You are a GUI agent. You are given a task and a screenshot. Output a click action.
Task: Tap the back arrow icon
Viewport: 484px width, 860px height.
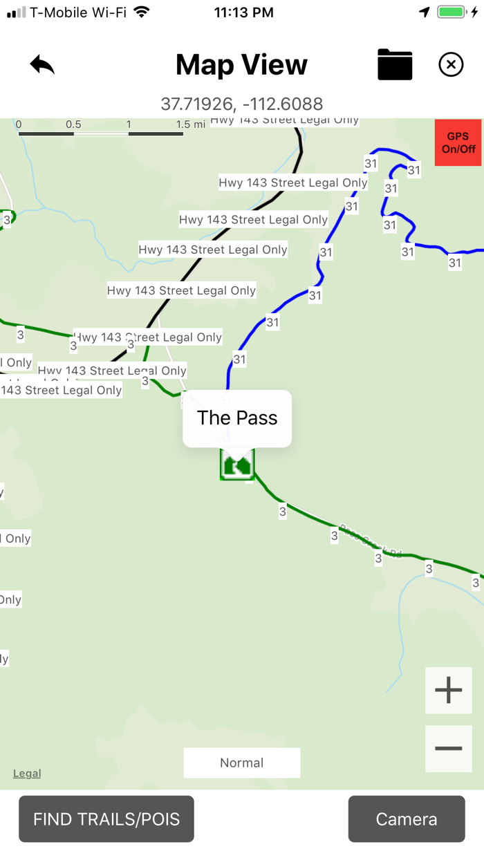[42, 65]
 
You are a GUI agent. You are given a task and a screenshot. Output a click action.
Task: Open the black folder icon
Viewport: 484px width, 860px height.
[395, 65]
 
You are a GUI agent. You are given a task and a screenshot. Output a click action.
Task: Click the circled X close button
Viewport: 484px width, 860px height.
[451, 65]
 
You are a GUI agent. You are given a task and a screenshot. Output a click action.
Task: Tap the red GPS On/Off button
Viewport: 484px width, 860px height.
[458, 143]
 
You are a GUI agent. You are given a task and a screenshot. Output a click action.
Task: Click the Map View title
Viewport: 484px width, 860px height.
[241, 65]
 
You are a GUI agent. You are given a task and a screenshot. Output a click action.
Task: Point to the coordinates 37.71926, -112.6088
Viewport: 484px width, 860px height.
[241, 104]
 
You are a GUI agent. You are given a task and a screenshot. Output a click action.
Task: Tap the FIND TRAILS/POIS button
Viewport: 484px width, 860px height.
[106, 819]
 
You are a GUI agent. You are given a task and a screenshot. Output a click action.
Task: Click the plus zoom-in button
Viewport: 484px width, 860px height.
[448, 690]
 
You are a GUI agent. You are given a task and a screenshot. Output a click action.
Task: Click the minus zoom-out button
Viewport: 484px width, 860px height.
[448, 749]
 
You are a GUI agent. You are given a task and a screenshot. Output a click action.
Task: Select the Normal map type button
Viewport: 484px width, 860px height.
[241, 763]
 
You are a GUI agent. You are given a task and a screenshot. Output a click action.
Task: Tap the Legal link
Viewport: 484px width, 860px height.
[27, 774]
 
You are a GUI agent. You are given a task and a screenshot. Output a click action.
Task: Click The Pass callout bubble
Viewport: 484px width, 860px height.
[237, 418]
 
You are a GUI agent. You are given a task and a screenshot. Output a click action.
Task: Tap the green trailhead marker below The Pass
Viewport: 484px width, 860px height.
[237, 464]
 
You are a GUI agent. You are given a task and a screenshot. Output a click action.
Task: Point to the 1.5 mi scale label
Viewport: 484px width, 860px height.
[191, 124]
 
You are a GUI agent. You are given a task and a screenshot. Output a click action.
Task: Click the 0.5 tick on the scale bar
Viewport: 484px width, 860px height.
[73, 124]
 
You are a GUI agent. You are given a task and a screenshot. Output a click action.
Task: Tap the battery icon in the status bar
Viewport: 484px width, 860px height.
[452, 12]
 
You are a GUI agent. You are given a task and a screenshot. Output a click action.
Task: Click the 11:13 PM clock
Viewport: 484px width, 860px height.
[243, 12]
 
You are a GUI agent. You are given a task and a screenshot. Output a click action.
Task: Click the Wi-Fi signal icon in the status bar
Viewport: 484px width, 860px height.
[142, 12]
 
